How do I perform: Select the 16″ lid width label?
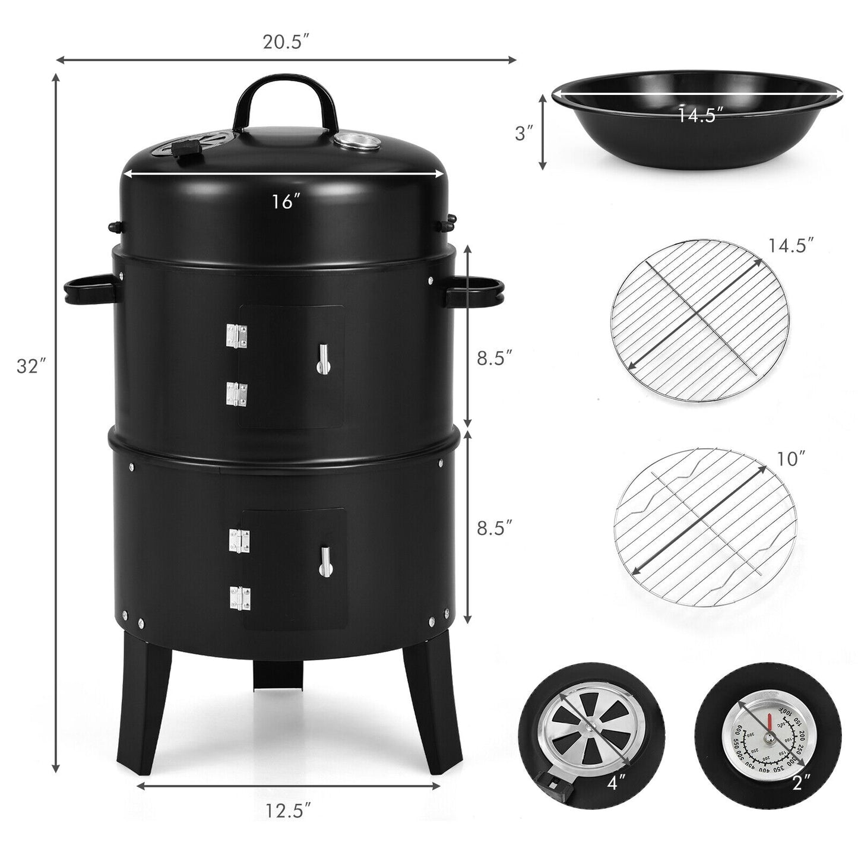pos(284,202)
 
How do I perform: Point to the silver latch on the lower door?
pos(324,561)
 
